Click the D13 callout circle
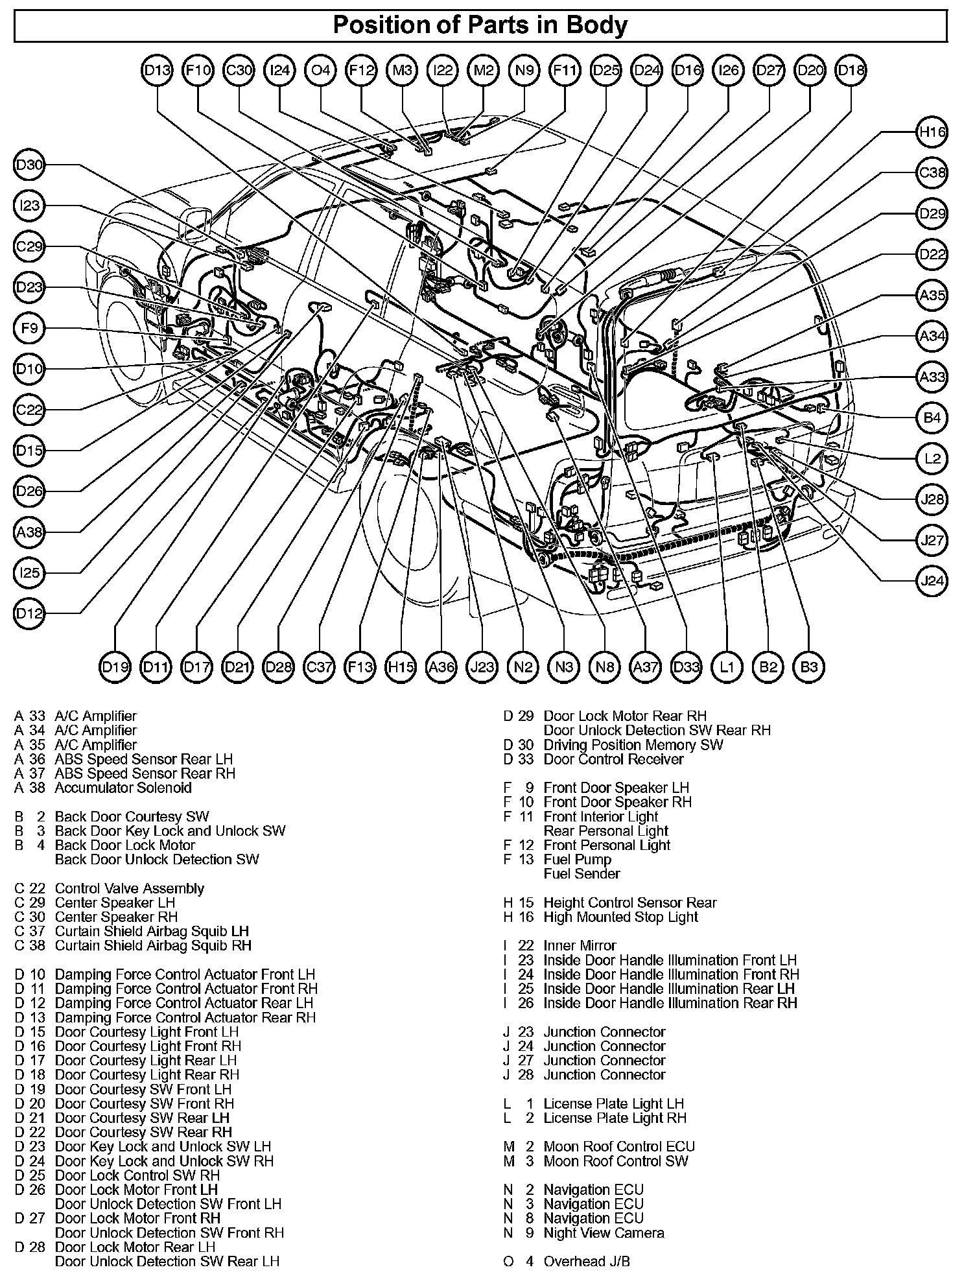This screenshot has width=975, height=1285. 157,70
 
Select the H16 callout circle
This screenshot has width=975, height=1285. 932,133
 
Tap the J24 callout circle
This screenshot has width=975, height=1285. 932,581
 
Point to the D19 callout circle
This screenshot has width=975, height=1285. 115,666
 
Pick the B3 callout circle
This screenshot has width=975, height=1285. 808,666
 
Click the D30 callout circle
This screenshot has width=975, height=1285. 29,165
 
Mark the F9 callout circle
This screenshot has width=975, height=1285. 29,329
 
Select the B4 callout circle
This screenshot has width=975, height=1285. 932,418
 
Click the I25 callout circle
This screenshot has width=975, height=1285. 29,573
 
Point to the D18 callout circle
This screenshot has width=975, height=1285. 851,70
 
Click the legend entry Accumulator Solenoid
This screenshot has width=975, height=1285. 123,788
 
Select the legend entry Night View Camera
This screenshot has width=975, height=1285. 604,1233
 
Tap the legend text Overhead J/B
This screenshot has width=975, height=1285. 586,1262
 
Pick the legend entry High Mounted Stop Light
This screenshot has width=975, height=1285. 620,917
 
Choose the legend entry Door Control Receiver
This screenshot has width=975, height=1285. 613,759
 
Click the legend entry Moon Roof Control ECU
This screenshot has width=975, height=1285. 618,1147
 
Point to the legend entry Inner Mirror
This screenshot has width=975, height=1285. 580,946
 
